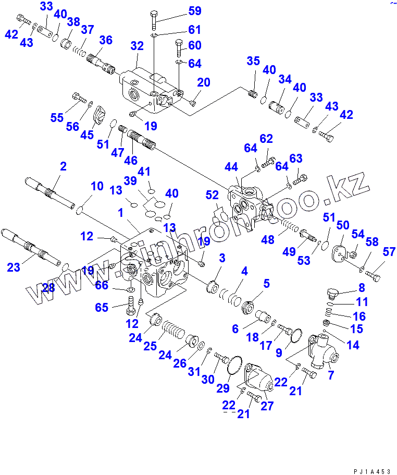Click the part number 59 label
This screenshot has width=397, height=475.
[x=180, y=11]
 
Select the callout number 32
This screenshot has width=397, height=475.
[x=137, y=46]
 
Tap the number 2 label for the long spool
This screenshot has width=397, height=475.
[x=63, y=167]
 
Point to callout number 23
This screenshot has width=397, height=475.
[x=14, y=267]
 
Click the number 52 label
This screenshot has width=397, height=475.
[x=212, y=195]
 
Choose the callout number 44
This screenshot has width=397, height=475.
[x=231, y=167]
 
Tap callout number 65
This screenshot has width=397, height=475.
[x=102, y=307]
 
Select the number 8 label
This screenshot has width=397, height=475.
[x=361, y=287]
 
